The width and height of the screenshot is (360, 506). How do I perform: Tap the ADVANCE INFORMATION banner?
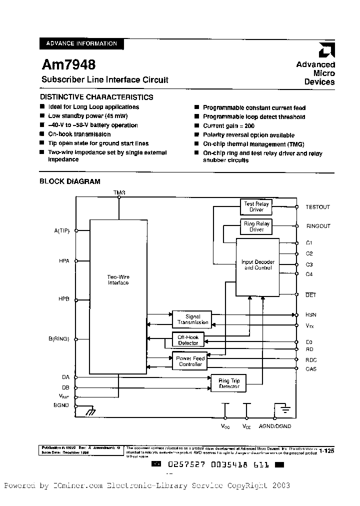(81, 43)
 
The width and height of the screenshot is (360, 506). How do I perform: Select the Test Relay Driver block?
(256, 206)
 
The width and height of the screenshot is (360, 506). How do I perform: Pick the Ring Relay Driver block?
(256, 226)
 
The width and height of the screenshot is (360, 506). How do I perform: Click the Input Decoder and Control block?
(257, 265)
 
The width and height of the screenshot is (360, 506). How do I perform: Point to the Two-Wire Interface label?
(118, 279)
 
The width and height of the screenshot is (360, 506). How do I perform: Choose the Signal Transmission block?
(192, 319)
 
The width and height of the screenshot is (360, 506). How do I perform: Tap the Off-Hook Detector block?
(188, 340)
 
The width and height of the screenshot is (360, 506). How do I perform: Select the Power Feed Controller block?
(190, 361)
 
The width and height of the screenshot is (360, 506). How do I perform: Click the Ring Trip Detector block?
(229, 383)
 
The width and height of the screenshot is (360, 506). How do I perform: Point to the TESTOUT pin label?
(318, 206)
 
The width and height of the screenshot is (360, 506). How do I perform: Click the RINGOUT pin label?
(318, 226)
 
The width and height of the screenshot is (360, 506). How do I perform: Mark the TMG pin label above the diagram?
(119, 192)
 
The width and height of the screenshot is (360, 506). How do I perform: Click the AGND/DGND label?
(274, 426)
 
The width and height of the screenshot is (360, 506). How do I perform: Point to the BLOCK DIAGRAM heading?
(70, 181)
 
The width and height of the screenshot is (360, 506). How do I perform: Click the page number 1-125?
(326, 450)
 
